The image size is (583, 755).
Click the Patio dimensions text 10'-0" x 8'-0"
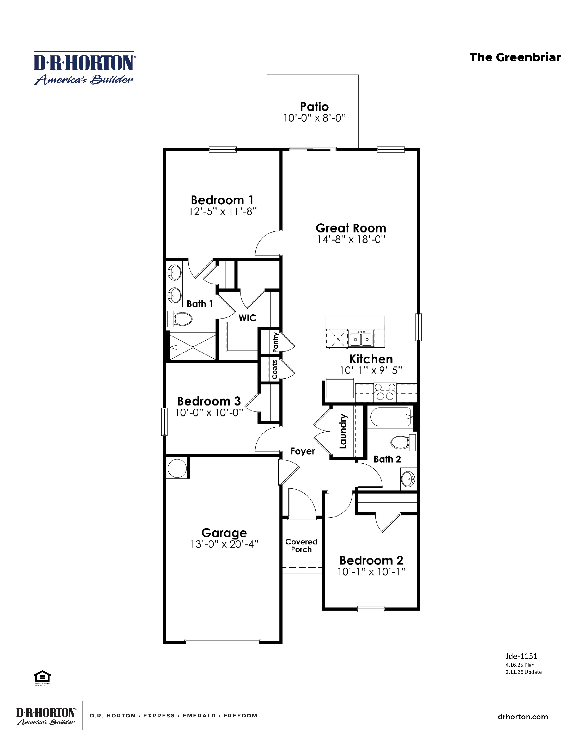point(314,118)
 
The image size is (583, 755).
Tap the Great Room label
point(351,228)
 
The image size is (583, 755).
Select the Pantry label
point(275,342)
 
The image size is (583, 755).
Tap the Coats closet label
point(275,369)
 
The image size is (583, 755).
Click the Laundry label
point(343,431)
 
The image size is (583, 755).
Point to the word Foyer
point(302,451)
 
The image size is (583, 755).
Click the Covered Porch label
point(301,546)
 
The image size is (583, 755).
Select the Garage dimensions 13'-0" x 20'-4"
point(224,544)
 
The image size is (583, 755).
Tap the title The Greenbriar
point(515,57)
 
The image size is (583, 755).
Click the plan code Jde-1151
point(521,656)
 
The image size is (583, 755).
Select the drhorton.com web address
point(523,717)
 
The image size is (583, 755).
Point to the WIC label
point(247,318)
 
